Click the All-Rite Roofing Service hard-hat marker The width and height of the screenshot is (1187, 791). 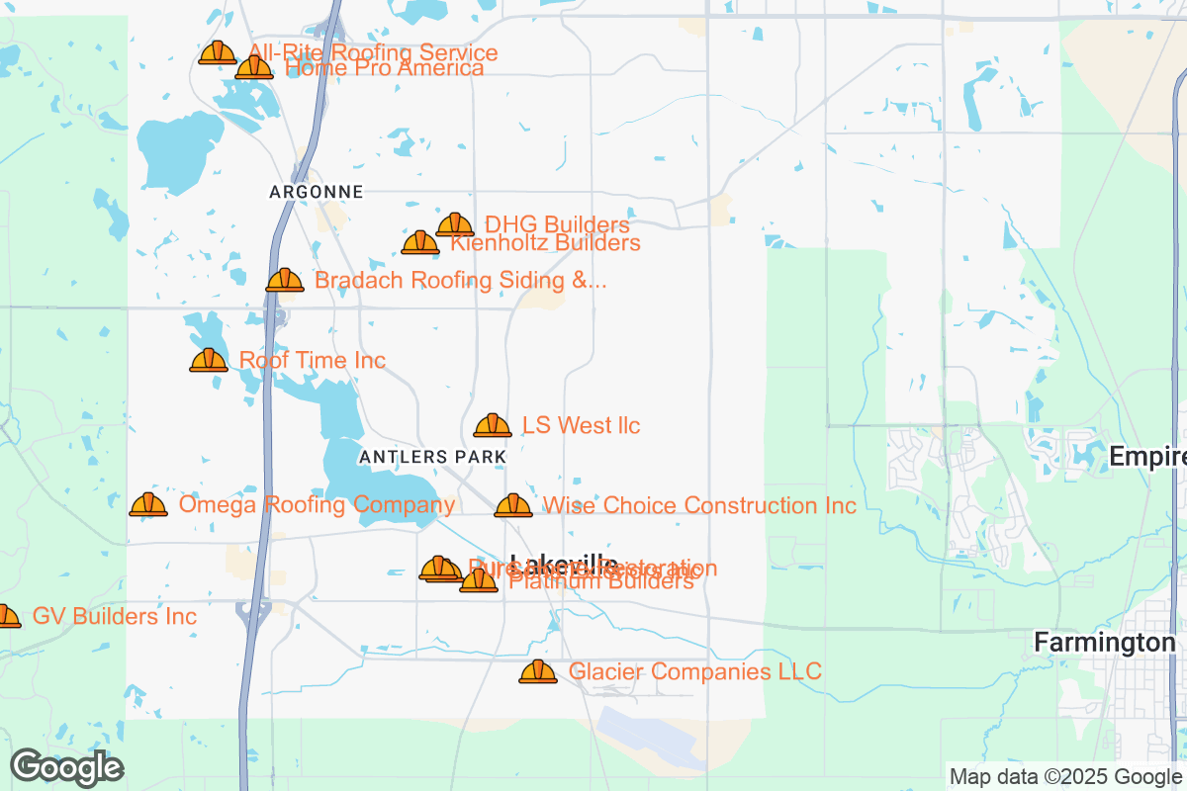coord(218,53)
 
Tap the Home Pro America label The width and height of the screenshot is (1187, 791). coord(384,68)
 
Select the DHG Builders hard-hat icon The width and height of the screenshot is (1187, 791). coord(455,225)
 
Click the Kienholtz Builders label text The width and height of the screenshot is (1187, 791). coord(545,243)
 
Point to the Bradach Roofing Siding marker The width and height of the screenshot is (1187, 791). coord(285,281)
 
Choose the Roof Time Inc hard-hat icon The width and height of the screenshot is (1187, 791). coord(209,361)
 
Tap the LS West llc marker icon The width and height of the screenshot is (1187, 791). coord(493,426)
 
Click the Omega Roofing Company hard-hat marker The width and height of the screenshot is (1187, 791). coord(148,505)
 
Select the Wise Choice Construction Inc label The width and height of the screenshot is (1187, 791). coord(699,506)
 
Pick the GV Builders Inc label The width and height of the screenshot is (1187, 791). coord(115,617)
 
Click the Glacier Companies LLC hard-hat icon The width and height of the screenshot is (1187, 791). coord(538,672)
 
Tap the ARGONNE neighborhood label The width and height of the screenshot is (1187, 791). coord(317,192)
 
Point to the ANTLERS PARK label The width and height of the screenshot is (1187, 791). coord(433,457)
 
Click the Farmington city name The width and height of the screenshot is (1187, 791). coord(1104,643)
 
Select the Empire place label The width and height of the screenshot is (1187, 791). coord(1147,457)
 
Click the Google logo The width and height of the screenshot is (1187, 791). coord(67,767)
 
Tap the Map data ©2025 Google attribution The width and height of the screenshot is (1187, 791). coord(1065,776)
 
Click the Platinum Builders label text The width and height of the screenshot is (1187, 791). coord(601,582)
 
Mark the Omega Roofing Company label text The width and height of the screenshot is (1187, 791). coord(317,506)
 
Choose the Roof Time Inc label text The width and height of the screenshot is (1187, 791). coord(313,361)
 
